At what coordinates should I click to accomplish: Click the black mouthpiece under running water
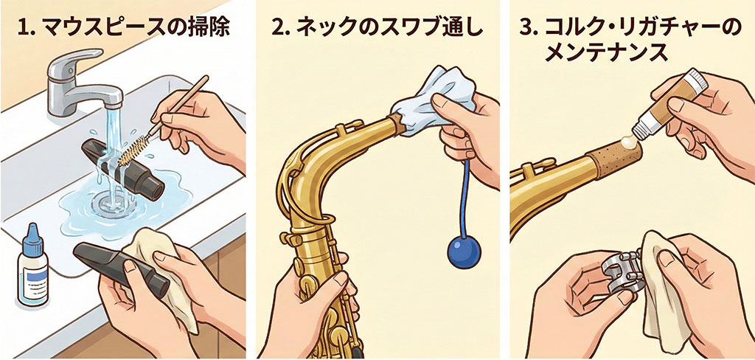123,169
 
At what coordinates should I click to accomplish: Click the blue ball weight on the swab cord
465,252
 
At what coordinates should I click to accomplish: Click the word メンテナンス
607,52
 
